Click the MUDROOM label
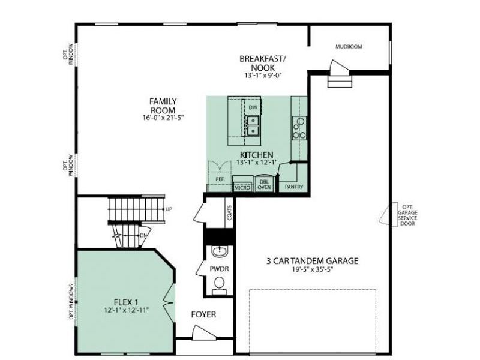pyautogui.click(x=349, y=46)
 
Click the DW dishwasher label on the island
pyautogui.click(x=253, y=107)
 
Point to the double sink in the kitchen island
pyautogui.click(x=253, y=125)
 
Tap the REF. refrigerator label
pyautogui.click(x=220, y=179)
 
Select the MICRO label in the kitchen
pyautogui.click(x=242, y=187)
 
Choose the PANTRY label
pyautogui.click(x=294, y=187)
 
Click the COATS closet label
pyautogui.click(x=230, y=212)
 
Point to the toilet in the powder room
pyautogui.click(x=220, y=283)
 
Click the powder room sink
pyautogui.click(x=220, y=251)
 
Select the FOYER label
pyautogui.click(x=203, y=314)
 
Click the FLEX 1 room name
pyautogui.click(x=126, y=301)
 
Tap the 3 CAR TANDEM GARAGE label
pyautogui.click(x=312, y=261)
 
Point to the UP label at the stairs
pyautogui.click(x=169, y=209)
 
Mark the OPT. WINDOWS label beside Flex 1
pyautogui.click(x=71, y=301)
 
